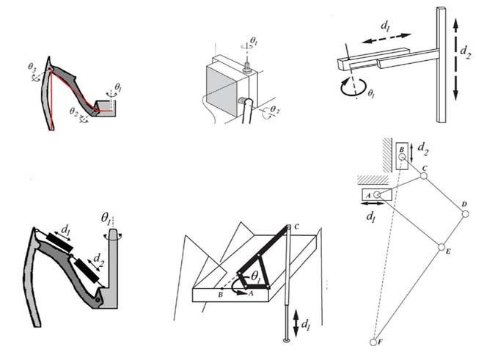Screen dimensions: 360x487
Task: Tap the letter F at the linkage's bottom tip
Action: tap(379, 343)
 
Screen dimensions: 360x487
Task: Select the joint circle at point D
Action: tap(464, 214)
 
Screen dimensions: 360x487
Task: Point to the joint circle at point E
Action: tap(442, 246)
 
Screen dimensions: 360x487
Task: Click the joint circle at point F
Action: tap(372, 342)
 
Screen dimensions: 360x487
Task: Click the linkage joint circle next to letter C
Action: tap(423, 176)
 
